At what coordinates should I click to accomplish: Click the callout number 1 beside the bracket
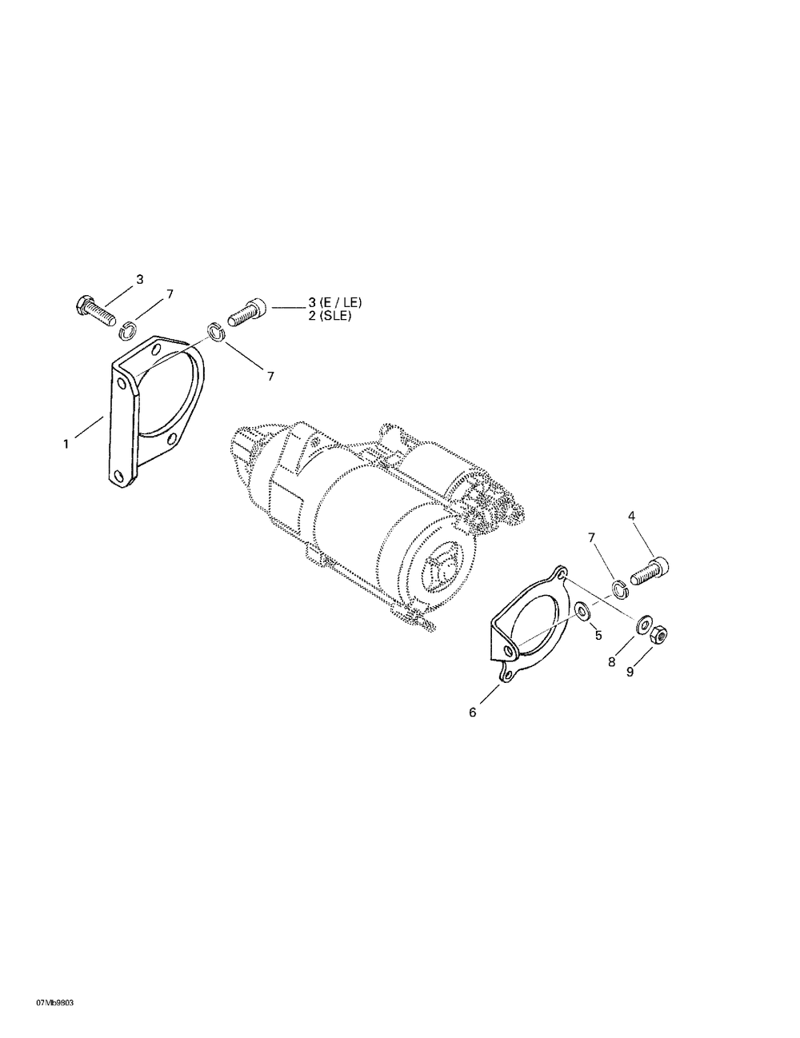pos(66,444)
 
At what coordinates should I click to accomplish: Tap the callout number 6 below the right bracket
pos(473,713)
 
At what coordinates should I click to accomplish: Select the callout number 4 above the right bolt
pos(631,516)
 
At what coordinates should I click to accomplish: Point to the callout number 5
pos(598,635)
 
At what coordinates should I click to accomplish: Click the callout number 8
pos(612,662)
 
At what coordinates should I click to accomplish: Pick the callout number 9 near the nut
pos(630,672)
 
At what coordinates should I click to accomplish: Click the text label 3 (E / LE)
pos(335,302)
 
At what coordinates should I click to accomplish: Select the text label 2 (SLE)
pos(330,316)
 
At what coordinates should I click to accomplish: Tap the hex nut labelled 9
pos(659,633)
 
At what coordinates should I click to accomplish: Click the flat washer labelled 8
pos(644,625)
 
